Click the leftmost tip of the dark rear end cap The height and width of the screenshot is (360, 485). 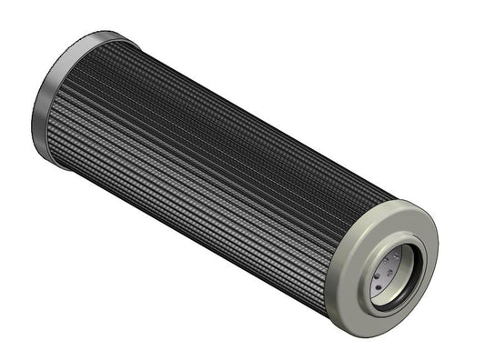coord(34,114)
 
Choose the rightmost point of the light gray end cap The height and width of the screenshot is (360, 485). coord(439,245)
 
